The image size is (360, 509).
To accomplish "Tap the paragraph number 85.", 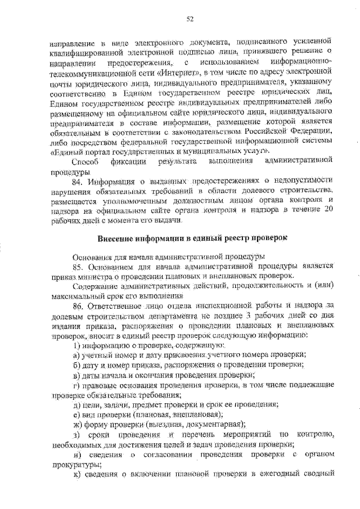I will click(79, 265).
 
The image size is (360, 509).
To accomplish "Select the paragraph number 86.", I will click(79, 305).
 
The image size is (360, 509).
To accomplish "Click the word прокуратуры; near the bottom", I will click(75, 463).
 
